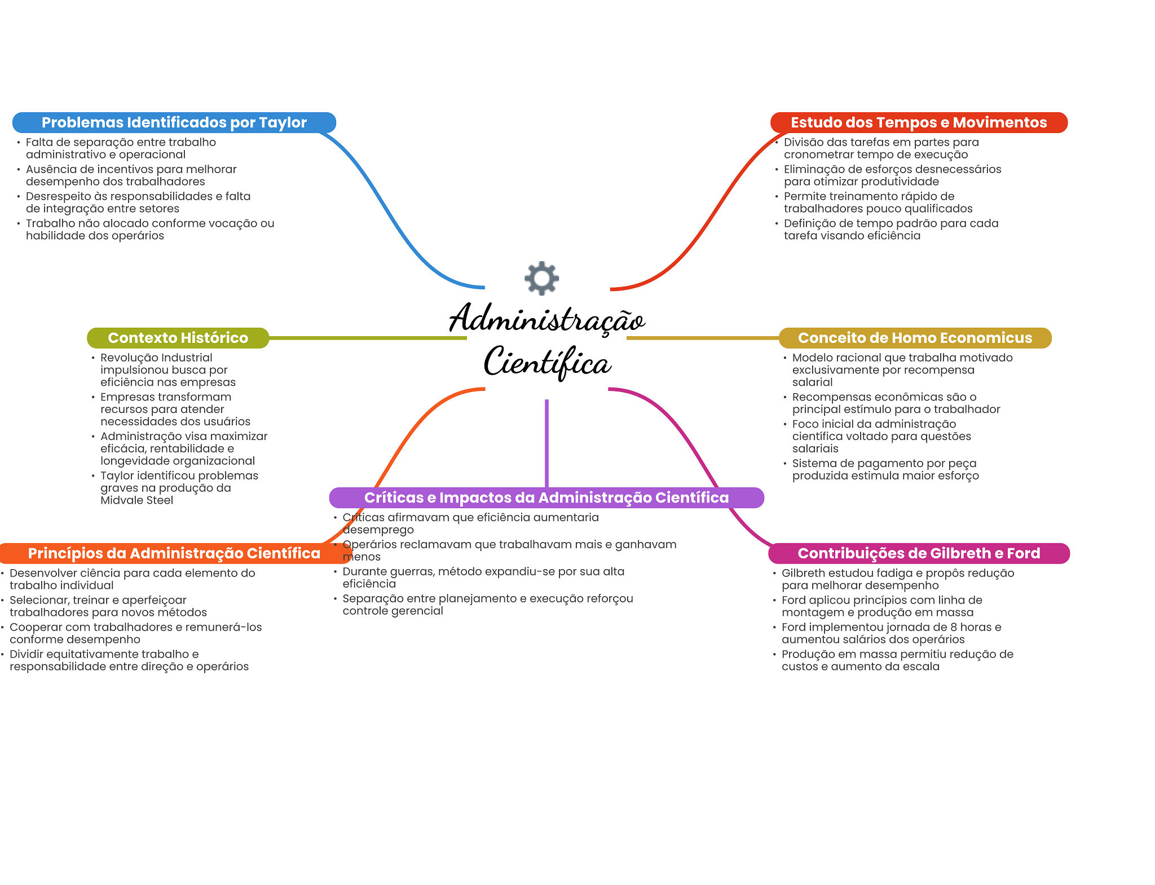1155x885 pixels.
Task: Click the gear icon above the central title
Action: click(x=541, y=278)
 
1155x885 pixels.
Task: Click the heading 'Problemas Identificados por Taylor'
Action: click(x=174, y=122)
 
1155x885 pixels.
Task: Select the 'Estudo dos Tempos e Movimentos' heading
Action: click(x=918, y=122)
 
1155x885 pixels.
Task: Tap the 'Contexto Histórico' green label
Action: click(x=178, y=338)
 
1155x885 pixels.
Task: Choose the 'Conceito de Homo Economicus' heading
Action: click(x=915, y=338)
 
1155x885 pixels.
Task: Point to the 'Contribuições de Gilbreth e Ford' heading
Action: click(x=919, y=553)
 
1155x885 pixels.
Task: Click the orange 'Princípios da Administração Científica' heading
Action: click(x=174, y=553)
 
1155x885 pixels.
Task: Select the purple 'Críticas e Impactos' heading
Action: click(x=546, y=497)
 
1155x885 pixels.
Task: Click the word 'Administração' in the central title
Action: click(x=546, y=319)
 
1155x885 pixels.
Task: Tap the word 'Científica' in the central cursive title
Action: click(x=546, y=362)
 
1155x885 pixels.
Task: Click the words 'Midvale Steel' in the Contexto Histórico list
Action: click(x=136, y=500)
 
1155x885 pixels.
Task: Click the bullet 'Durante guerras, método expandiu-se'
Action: click(x=483, y=578)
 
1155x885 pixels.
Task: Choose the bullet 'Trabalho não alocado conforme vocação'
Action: click(x=149, y=230)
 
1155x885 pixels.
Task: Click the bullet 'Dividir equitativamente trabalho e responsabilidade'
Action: click(x=129, y=661)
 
